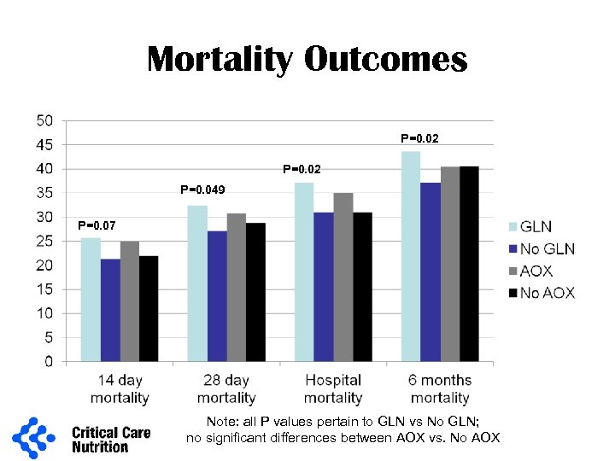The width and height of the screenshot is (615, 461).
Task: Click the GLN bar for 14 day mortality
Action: point(91,300)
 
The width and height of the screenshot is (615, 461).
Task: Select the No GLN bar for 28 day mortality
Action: point(217,296)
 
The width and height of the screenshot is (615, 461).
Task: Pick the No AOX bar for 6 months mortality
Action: point(468,264)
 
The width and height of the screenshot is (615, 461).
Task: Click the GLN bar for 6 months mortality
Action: point(411,256)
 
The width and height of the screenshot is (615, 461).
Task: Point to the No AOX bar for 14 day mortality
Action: point(149,308)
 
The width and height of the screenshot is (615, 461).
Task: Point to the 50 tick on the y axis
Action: point(44,120)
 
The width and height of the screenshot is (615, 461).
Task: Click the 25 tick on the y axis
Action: point(44,242)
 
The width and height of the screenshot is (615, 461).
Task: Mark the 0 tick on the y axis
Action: point(49,362)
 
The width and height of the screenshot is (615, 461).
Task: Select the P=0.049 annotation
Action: point(202,190)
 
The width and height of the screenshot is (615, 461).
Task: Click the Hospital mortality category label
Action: point(333,388)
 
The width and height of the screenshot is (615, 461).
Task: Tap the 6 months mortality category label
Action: point(440,388)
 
